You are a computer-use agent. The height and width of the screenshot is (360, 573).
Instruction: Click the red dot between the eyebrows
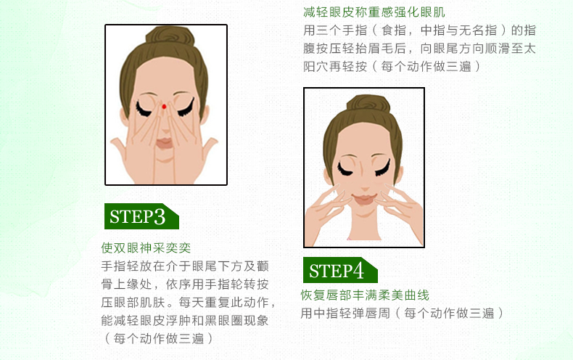[x=164, y=107]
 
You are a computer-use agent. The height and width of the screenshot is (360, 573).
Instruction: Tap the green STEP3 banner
[x=141, y=216]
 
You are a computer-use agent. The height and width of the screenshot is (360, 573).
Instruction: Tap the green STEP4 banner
[x=340, y=271]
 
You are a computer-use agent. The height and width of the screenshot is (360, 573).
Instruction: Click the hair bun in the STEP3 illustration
[x=170, y=36]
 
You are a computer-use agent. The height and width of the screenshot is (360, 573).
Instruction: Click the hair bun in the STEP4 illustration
[x=368, y=104]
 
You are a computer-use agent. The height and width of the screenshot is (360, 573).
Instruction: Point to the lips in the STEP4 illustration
[x=364, y=199]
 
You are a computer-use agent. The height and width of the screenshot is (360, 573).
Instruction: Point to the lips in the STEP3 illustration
[x=165, y=143]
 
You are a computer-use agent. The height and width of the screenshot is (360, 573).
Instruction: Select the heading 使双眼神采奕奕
[x=146, y=248]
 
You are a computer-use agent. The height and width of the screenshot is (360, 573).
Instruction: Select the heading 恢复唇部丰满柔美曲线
[x=365, y=295]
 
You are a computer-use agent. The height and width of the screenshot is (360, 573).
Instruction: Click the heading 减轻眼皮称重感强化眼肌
[x=374, y=12]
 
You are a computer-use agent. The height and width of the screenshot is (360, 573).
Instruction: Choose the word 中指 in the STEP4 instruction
[x=326, y=313]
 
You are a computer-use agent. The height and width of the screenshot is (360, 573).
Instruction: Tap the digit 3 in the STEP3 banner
[x=160, y=216]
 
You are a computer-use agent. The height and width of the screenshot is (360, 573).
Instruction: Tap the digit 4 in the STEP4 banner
[x=358, y=271]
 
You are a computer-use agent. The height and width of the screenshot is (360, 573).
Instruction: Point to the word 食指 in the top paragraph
[x=394, y=30]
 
